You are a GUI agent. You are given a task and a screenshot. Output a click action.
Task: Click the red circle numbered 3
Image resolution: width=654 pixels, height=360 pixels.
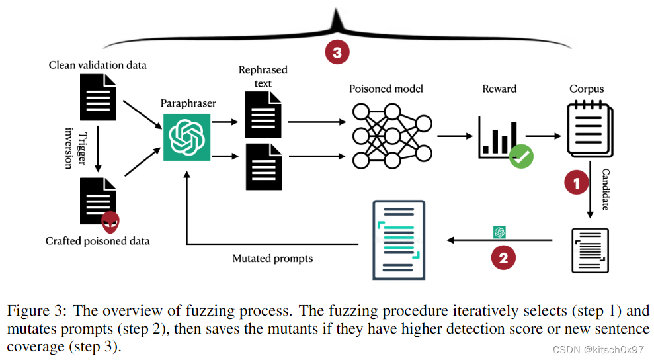tap(337, 52)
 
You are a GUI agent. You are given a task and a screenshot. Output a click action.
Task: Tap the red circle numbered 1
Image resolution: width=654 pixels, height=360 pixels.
tap(575, 183)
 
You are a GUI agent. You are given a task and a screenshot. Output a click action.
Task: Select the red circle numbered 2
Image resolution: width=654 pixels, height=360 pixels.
tap(503, 257)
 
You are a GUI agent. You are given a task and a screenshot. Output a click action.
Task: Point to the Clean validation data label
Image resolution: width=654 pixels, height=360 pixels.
tap(97, 65)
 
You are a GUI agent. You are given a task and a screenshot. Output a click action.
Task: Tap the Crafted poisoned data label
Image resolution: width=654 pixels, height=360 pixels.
tap(97, 240)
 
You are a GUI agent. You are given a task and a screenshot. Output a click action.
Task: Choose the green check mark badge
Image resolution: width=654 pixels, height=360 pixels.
tap(520, 156)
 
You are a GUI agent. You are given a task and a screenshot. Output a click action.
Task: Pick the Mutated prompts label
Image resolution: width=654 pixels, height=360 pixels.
tap(272, 258)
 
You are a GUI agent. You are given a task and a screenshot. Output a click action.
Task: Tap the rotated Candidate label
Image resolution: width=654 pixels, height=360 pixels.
tap(606, 189)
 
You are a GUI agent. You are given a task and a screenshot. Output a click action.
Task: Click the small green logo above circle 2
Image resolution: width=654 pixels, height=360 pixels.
tap(499, 232)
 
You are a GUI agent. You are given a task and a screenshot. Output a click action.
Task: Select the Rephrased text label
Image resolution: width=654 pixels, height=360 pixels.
tap(263, 77)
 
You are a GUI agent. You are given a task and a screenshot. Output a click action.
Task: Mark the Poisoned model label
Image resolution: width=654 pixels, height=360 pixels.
tap(386, 89)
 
